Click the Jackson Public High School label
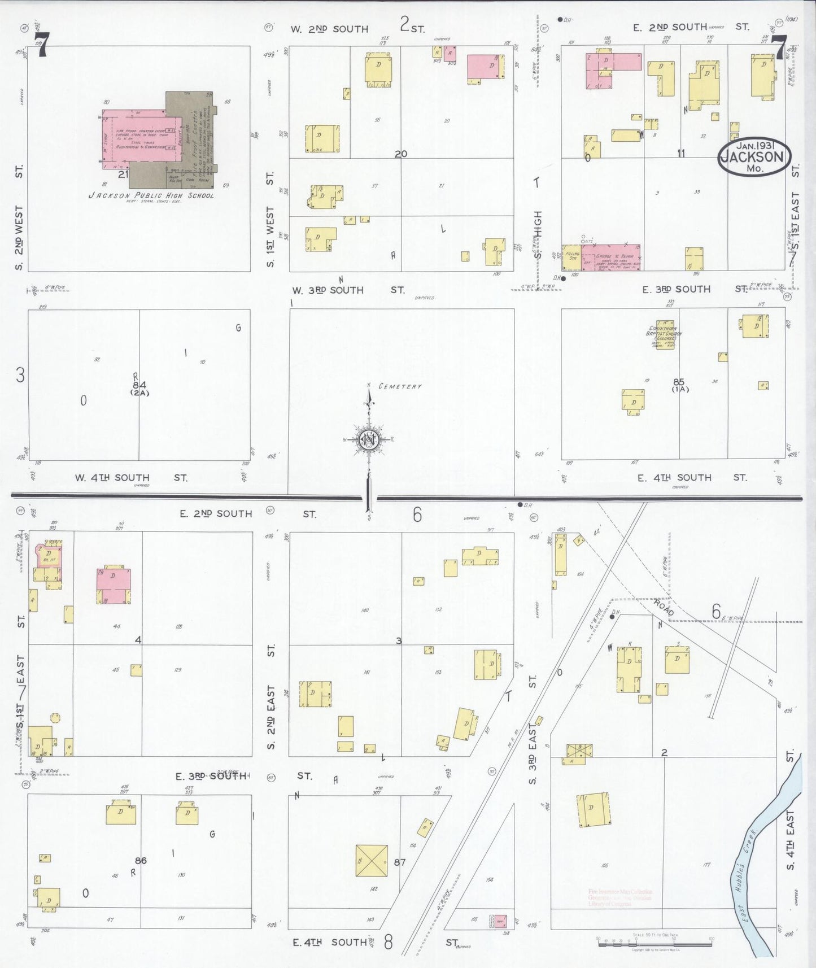click(151, 195)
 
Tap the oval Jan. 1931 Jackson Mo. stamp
click(754, 156)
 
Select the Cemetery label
click(400, 386)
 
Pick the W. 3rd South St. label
click(348, 290)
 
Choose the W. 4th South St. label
click(130, 478)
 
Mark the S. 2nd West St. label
click(19, 217)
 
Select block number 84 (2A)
click(139, 388)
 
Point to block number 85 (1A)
click(679, 385)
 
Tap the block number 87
click(400, 862)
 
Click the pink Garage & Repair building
click(610, 258)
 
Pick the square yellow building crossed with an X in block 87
click(372, 861)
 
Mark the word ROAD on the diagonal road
click(664, 608)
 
